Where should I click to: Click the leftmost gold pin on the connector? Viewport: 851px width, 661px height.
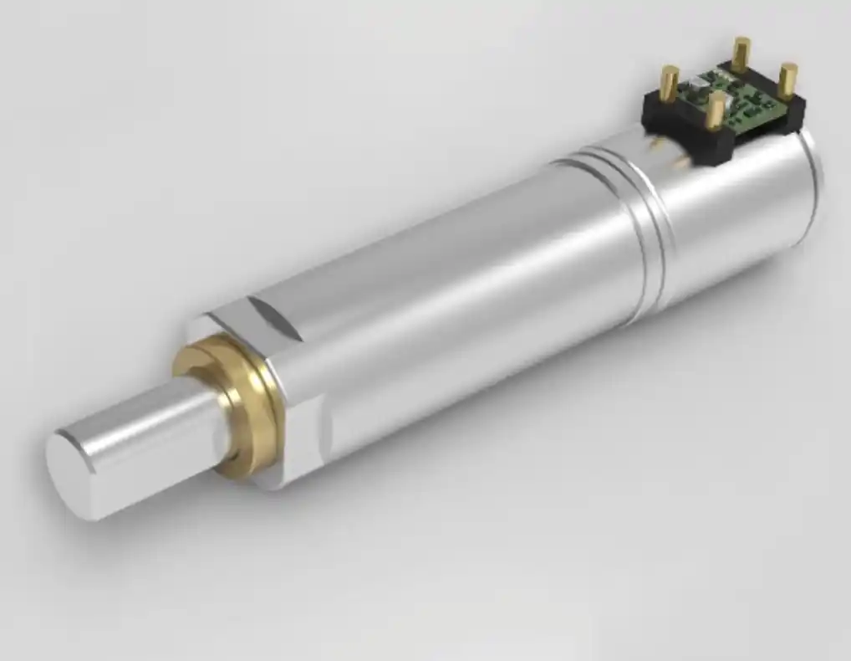pyautogui.click(x=670, y=84)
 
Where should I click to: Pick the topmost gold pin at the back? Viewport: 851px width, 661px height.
pyautogui.click(x=741, y=54)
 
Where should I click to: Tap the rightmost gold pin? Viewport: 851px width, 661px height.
pyautogui.click(x=787, y=81)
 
